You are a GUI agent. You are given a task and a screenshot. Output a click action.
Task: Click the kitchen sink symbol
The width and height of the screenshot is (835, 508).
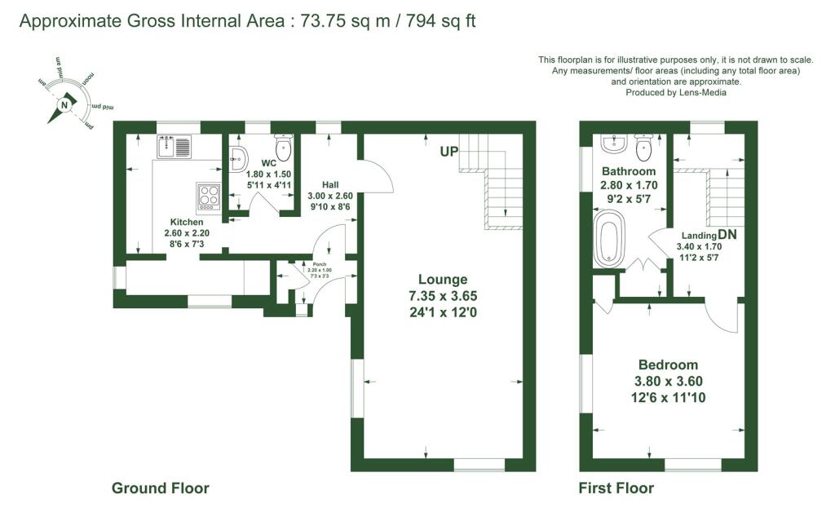click(x=175, y=148)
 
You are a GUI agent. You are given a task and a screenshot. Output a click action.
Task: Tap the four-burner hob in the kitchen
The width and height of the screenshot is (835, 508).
click(x=209, y=196)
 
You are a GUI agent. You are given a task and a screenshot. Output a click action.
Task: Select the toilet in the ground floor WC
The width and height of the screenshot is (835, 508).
click(x=284, y=148)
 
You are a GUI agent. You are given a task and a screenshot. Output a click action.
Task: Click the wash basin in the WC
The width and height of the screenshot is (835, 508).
click(x=240, y=159)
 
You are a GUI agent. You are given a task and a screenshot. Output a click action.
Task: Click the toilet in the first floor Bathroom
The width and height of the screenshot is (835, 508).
click(x=643, y=148)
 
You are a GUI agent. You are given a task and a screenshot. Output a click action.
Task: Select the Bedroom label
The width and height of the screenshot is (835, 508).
click(x=668, y=364)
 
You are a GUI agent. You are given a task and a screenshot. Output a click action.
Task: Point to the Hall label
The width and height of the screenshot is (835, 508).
click(x=330, y=184)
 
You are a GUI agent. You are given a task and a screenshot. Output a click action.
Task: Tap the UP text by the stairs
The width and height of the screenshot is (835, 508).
click(x=449, y=152)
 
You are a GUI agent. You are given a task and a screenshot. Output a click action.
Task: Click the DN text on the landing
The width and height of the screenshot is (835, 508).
click(x=727, y=234)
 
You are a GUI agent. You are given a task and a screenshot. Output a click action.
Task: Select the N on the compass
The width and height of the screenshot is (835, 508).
click(x=64, y=104)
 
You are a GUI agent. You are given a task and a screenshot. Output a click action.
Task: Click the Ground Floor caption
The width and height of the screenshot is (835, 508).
click(x=160, y=488)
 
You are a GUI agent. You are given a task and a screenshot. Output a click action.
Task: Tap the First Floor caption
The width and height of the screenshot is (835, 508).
click(x=616, y=488)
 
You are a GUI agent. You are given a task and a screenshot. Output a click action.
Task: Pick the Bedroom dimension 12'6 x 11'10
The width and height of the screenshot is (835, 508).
click(x=668, y=397)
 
